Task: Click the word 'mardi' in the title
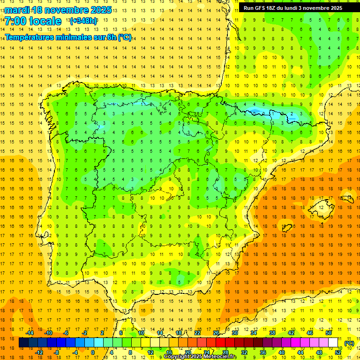click(x=16, y=10)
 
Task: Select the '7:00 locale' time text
click(x=33, y=21)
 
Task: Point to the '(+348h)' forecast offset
click(x=83, y=21)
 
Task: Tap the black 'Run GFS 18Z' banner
click(x=293, y=8)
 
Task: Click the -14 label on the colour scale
click(x=30, y=333)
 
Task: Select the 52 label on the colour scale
click(x=338, y=352)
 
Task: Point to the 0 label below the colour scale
click(x=92, y=352)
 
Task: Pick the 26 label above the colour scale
click(x=216, y=333)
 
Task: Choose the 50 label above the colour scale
click(x=329, y=333)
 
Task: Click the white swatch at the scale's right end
click(x=333, y=343)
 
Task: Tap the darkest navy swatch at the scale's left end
click(x=23, y=343)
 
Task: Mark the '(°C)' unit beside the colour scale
click(x=349, y=343)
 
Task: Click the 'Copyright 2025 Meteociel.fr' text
click(x=200, y=357)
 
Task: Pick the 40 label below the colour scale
click(x=282, y=352)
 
